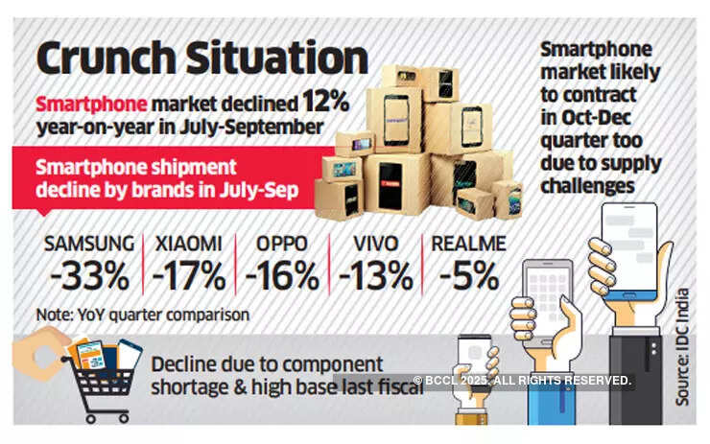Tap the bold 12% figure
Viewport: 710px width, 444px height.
[325, 101]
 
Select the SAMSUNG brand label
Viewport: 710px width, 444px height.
[88, 244]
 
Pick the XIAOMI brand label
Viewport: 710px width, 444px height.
[189, 244]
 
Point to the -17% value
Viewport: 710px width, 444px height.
[189, 276]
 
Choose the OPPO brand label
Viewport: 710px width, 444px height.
[281, 244]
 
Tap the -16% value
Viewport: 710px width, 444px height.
[281, 276]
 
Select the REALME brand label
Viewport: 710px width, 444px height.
[467, 244]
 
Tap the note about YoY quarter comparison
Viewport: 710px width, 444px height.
[143, 314]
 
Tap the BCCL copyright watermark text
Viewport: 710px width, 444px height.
[523, 381]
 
